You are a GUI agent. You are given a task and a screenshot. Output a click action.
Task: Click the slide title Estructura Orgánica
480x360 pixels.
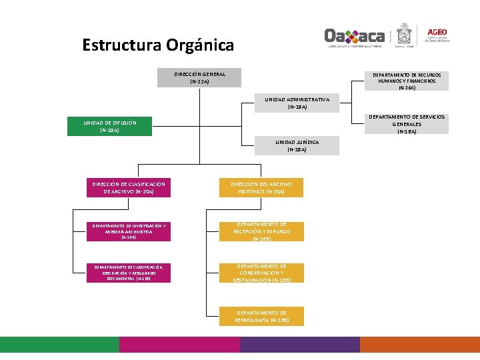point(158,45)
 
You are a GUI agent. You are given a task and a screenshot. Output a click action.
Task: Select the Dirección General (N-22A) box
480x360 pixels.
point(199,78)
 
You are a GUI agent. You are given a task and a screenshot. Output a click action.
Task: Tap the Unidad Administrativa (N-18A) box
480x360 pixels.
point(297,103)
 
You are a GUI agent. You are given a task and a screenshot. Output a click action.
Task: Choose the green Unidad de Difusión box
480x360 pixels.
point(110,127)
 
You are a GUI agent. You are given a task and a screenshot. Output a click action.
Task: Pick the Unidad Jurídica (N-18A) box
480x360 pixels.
point(297,145)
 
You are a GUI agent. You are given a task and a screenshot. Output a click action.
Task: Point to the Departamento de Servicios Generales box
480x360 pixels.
point(406,124)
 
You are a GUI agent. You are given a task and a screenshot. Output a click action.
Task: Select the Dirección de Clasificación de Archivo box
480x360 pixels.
point(129,187)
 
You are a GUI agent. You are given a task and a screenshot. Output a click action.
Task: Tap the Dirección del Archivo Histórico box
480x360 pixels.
point(261,187)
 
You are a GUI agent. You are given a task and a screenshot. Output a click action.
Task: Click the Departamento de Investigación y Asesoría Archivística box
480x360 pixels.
point(129,231)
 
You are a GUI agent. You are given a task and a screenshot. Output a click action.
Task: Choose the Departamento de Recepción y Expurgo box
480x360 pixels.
point(261,231)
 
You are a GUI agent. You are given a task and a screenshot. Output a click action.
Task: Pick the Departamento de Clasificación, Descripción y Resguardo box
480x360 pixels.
point(129,273)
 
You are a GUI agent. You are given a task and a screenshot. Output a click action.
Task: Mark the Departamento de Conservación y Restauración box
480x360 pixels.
point(261,273)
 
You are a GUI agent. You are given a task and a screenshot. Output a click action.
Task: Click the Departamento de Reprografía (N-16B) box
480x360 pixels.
point(261,316)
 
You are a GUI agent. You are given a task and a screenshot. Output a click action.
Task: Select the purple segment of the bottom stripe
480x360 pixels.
point(300,344)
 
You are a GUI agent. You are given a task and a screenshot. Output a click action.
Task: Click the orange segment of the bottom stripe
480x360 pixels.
point(420,344)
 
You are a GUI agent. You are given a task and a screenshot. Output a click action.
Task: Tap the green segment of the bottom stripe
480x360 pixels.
point(60,344)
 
